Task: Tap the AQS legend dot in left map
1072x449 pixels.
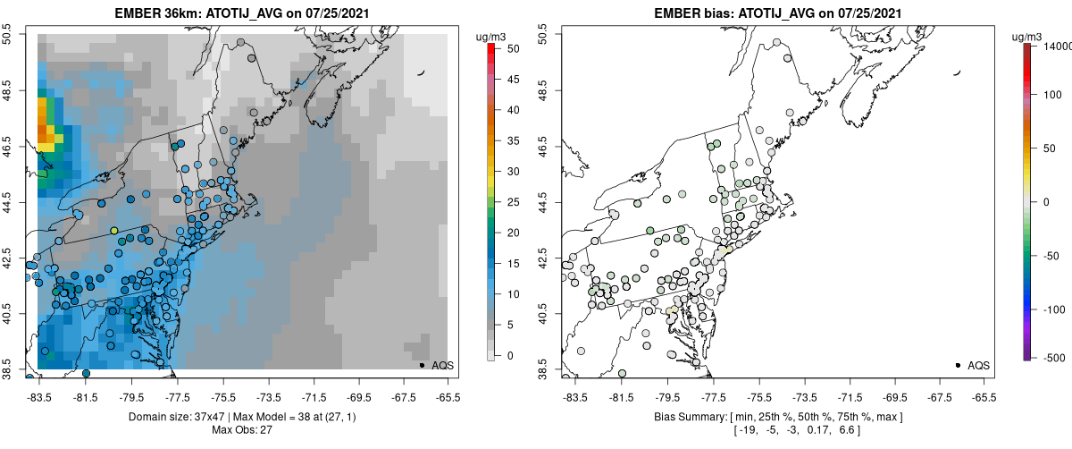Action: pyautogui.click(x=422, y=365)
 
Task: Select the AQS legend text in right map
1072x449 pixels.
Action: pyautogui.click(x=978, y=365)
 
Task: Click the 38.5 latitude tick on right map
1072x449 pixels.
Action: pyautogui.click(x=543, y=369)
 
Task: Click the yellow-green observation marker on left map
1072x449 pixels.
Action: pyautogui.click(x=113, y=231)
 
